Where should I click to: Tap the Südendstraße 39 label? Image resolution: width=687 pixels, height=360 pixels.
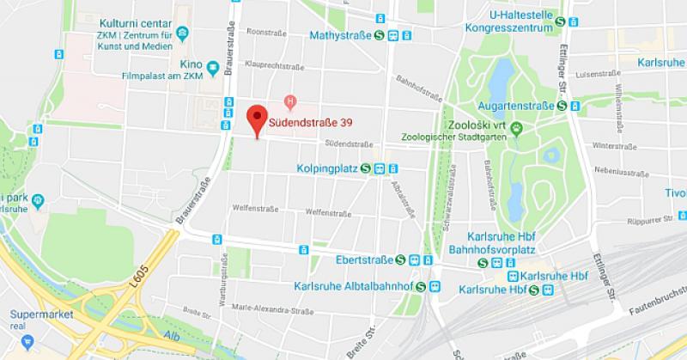pyautogui.click(x=310, y=123)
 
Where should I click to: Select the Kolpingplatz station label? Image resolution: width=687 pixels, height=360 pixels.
pyautogui.click(x=328, y=169)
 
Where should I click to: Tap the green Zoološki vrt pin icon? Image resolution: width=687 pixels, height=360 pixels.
pyautogui.click(x=517, y=130)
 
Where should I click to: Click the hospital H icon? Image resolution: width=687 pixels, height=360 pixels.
pyautogui.click(x=290, y=102)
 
